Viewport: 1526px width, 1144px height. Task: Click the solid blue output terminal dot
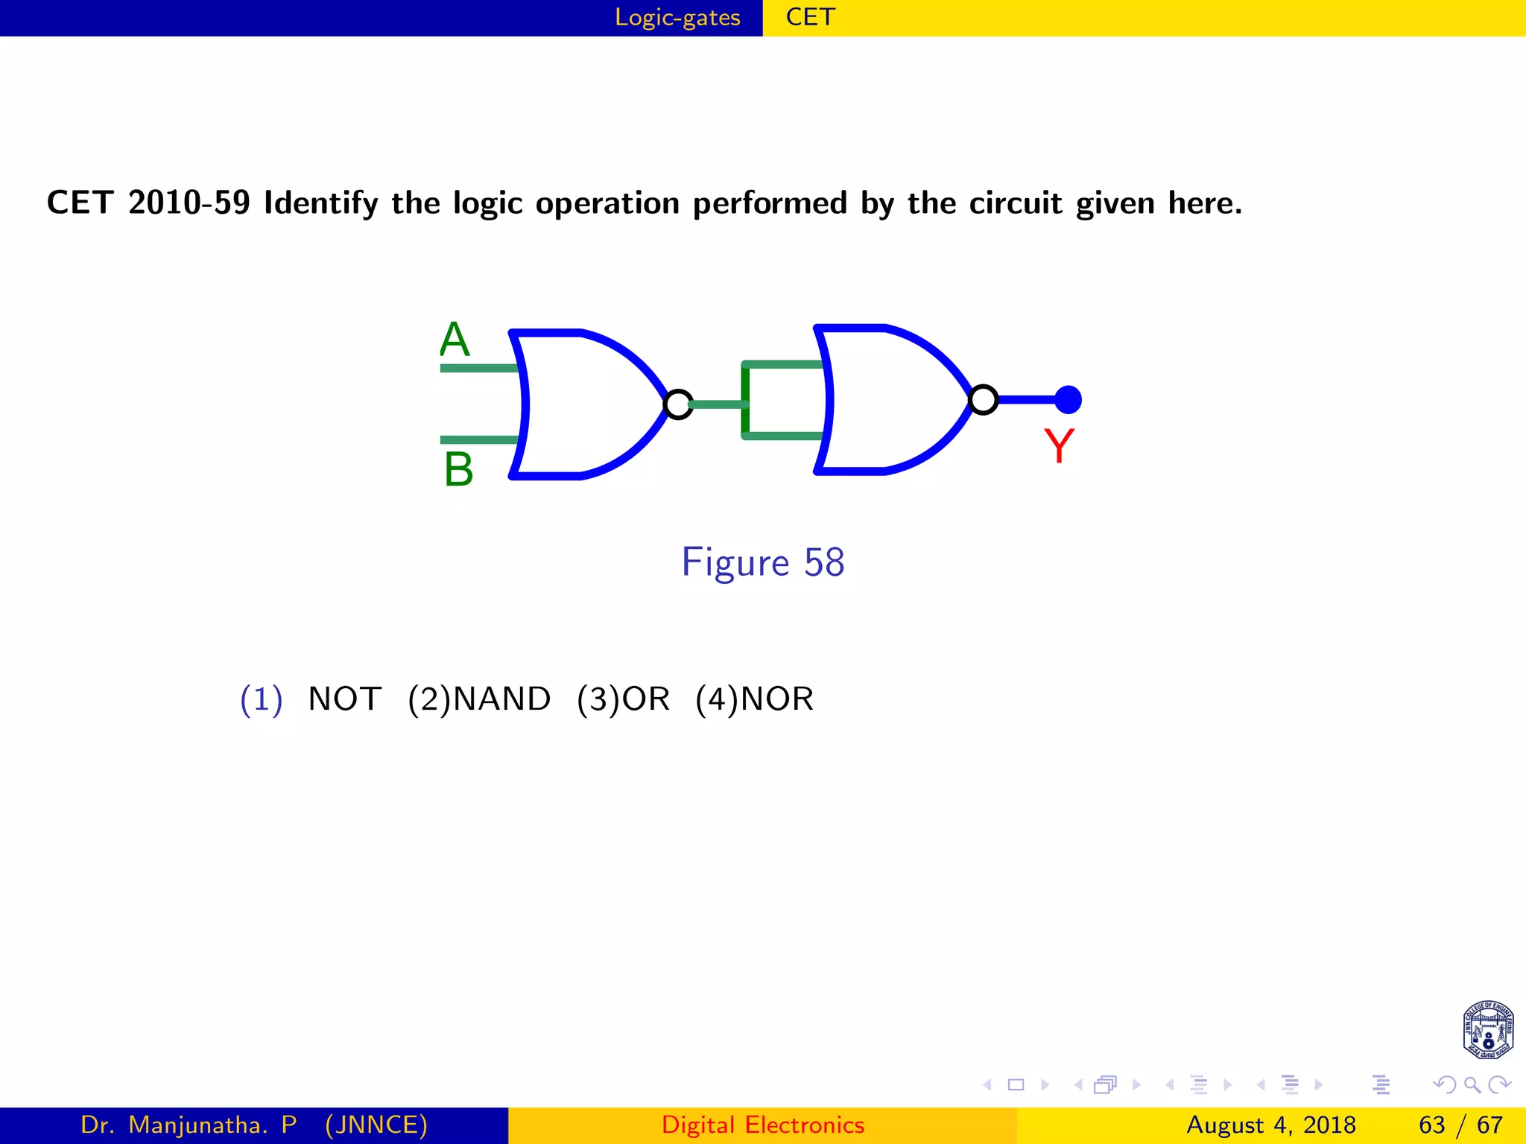click(1068, 400)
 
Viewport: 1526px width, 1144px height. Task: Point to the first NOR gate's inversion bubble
click(678, 404)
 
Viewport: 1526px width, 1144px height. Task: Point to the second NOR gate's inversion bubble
click(984, 400)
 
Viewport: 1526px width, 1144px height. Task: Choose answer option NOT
click(344, 699)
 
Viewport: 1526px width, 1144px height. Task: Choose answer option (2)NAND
click(479, 699)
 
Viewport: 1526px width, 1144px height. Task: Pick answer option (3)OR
click(623, 699)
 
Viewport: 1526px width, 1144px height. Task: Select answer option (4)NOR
click(754, 699)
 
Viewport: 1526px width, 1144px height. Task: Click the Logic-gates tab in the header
click(677, 17)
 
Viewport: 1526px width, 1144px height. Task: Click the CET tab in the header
click(811, 17)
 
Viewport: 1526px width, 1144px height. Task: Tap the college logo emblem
click(1487, 1029)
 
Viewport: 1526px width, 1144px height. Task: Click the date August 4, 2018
click(1271, 1125)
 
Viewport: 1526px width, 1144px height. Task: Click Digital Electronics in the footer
click(763, 1125)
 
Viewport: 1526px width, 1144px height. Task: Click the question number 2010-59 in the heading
click(189, 203)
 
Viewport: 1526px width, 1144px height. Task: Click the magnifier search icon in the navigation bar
click(1472, 1084)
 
